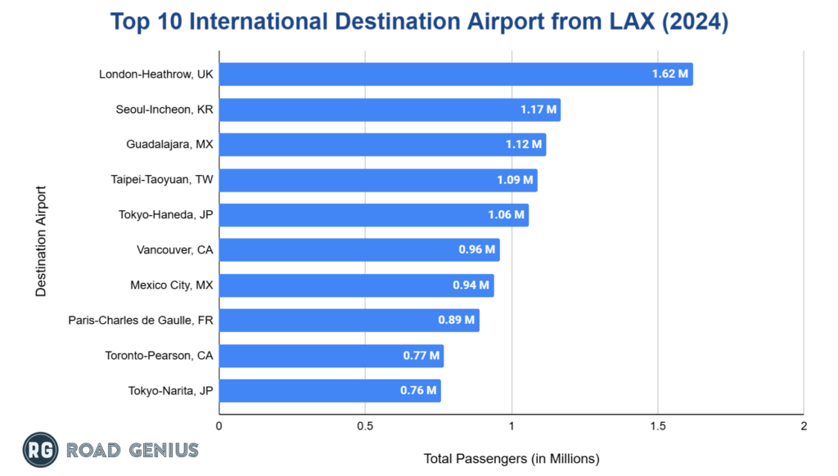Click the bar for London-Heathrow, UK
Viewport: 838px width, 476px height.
pos(455,74)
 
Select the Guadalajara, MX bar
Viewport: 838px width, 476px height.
pos(382,145)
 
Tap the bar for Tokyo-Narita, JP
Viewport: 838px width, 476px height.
pos(330,391)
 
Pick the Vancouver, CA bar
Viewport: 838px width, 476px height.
pos(359,250)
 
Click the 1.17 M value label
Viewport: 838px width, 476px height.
pos(538,110)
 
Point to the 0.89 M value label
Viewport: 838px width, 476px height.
pos(457,321)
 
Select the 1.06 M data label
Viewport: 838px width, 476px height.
pos(507,215)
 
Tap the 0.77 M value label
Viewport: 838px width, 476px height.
pos(421,356)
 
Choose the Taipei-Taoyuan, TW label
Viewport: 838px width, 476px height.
pos(161,180)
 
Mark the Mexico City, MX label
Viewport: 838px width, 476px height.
pos(171,285)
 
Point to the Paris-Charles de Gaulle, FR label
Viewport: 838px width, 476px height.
pos(141,321)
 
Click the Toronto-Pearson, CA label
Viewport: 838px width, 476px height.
pos(159,356)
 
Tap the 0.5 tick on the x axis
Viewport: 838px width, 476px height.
pos(365,426)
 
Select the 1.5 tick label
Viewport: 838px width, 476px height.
pos(657,426)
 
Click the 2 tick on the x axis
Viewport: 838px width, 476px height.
pos(804,426)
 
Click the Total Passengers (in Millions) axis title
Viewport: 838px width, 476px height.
pos(511,458)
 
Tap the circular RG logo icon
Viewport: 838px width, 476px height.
pos(38,450)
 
